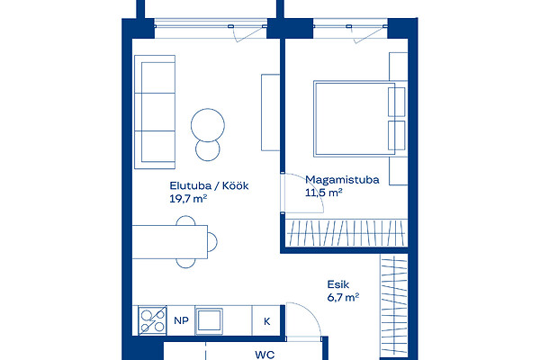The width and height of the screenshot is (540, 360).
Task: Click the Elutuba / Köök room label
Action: [x=209, y=186]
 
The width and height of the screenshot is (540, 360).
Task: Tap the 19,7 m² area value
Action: [x=188, y=199]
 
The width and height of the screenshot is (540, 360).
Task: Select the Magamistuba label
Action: [x=342, y=180]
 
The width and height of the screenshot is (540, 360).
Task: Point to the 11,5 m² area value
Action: [x=324, y=193]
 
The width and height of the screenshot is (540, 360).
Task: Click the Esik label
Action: [x=338, y=284]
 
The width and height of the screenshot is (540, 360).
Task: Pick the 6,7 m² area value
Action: [x=344, y=297]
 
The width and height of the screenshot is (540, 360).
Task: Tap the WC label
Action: [x=265, y=355]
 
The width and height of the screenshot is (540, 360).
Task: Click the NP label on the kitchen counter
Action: [x=182, y=320]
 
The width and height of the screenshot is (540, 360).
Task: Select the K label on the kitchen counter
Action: [x=267, y=321]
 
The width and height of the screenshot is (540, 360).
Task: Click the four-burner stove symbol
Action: [x=153, y=320]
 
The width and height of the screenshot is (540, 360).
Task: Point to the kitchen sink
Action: [x=209, y=321]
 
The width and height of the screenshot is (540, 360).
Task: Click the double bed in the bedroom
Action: [x=360, y=119]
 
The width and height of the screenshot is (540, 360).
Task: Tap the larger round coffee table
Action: [x=208, y=125]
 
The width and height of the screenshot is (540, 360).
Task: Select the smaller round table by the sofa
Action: [x=208, y=149]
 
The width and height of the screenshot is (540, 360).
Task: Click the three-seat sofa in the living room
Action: [x=155, y=112]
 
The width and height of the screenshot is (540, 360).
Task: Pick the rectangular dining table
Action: [x=170, y=242]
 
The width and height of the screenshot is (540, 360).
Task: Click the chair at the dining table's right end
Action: [x=212, y=242]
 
